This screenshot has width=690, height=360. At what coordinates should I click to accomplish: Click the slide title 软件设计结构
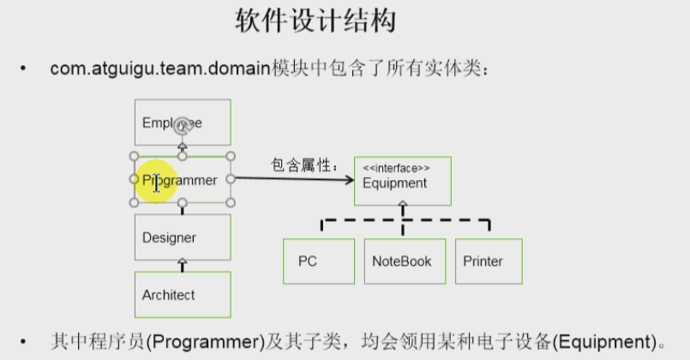[315, 21]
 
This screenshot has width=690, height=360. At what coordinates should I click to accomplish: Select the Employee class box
[183, 122]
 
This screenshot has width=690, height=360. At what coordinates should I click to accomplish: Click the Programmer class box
[182, 180]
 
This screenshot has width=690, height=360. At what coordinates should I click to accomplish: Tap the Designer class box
[183, 237]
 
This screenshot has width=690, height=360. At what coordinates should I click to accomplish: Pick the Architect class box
[183, 295]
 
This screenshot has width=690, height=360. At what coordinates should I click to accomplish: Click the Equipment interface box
[402, 181]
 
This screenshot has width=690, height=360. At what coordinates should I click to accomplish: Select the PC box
[319, 261]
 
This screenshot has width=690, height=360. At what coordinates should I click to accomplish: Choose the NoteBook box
[402, 261]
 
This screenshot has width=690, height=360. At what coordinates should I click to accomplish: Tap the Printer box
[488, 261]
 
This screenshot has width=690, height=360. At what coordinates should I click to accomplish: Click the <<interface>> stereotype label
[396, 168]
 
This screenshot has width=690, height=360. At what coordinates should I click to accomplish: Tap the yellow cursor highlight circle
[158, 181]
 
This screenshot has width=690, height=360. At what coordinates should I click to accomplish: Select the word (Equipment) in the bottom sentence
[609, 339]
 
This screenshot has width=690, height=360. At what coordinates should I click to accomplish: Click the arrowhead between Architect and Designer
[182, 263]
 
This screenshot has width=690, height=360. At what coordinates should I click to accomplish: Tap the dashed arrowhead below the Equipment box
[404, 208]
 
